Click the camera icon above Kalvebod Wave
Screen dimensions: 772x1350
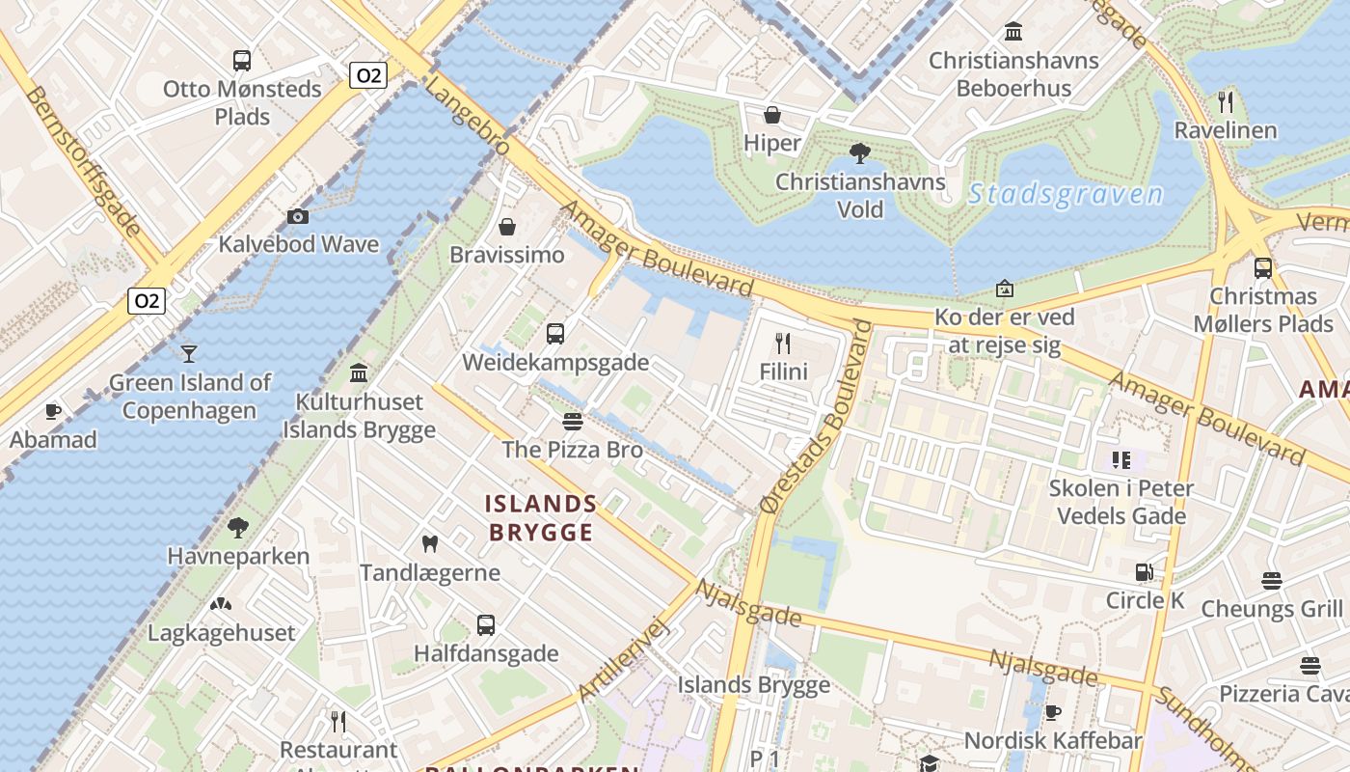[x=298, y=216]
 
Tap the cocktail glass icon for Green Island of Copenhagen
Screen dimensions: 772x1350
[x=189, y=353]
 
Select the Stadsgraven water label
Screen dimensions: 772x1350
[x=1066, y=195]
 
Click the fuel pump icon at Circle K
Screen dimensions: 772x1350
[x=1145, y=572]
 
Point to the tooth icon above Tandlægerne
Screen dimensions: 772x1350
[x=430, y=544]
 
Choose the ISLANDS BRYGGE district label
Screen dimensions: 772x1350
[x=541, y=517]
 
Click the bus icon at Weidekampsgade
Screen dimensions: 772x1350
[x=554, y=334]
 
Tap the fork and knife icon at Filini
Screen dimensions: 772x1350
[x=783, y=343]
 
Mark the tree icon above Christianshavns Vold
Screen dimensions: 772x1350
[x=859, y=152]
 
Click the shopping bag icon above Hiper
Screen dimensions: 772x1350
[x=772, y=116]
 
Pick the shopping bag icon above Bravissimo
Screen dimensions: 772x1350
[x=507, y=227]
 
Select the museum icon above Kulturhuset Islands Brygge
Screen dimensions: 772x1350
[x=360, y=372]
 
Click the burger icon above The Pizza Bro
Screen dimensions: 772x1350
[x=573, y=422]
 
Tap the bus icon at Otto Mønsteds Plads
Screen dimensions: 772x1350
[x=242, y=61]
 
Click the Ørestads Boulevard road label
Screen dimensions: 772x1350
[x=816, y=417]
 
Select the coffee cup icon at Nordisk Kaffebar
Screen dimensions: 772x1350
[x=1053, y=712]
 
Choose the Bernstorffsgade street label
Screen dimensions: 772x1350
[x=85, y=161]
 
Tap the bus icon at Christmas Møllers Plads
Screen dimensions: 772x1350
[x=1262, y=268]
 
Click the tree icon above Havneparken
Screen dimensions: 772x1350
[x=238, y=528]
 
